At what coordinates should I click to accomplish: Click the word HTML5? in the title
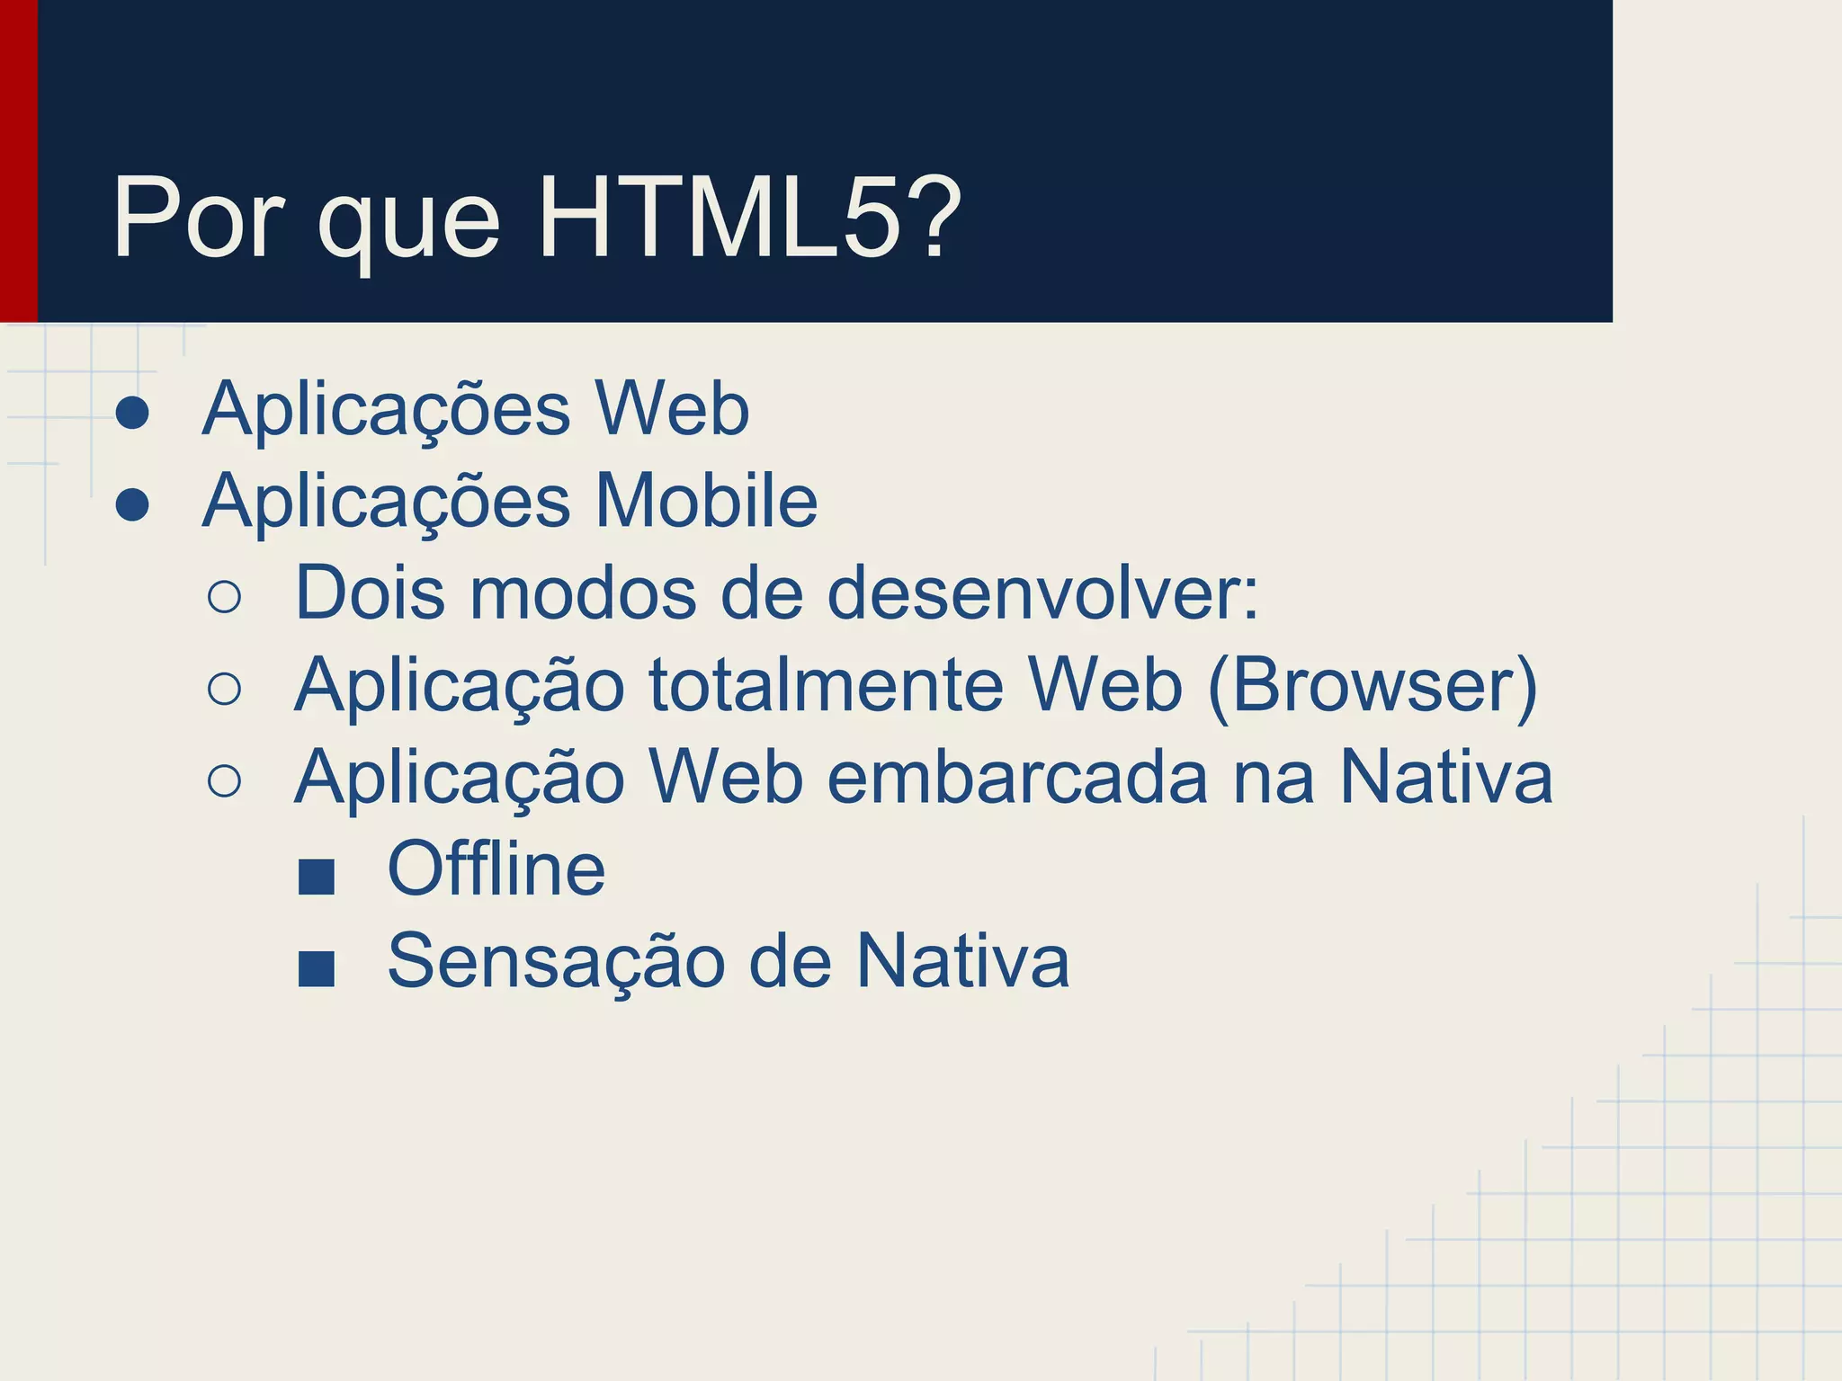[x=748, y=218]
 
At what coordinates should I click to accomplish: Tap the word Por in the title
[x=198, y=218]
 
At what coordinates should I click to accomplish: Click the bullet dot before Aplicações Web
[x=132, y=412]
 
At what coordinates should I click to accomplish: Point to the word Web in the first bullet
[x=672, y=409]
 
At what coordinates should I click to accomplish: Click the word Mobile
[x=706, y=501]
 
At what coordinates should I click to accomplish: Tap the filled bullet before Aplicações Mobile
[x=132, y=504]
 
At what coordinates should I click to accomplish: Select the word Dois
[x=370, y=592]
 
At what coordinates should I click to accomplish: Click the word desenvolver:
[x=1042, y=592]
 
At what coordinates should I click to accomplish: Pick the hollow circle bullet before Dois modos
[x=224, y=597]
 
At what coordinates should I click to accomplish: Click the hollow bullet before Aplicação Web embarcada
[x=224, y=780]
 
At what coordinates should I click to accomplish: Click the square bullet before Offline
[x=316, y=876]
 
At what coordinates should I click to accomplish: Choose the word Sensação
[x=556, y=961]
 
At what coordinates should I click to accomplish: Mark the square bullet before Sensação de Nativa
[x=316, y=969]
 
